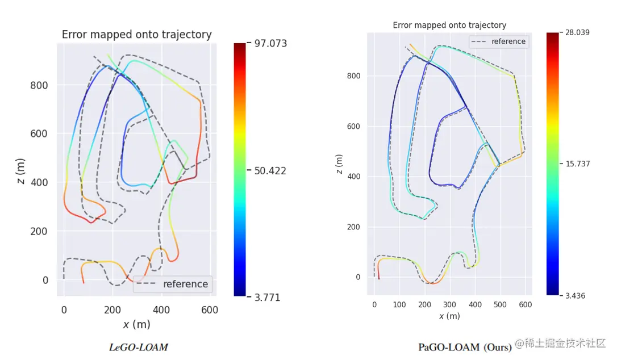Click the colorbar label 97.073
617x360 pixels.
[270, 44]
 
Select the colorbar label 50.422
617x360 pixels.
[270, 171]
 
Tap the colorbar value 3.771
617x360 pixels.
[267, 298]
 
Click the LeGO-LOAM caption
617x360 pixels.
[139, 347]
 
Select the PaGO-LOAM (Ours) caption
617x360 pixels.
[465, 347]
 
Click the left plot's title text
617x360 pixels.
[136, 35]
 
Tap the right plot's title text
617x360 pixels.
[449, 25]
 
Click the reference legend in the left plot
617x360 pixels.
[173, 284]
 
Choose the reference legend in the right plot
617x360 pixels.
[499, 41]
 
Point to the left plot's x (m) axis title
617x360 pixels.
[136, 324]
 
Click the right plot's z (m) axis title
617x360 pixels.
[340, 164]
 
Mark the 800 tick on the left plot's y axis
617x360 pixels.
[39, 86]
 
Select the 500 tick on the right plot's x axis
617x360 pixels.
[501, 305]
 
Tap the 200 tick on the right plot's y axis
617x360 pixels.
[354, 227]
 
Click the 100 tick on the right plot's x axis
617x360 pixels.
[399, 305]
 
